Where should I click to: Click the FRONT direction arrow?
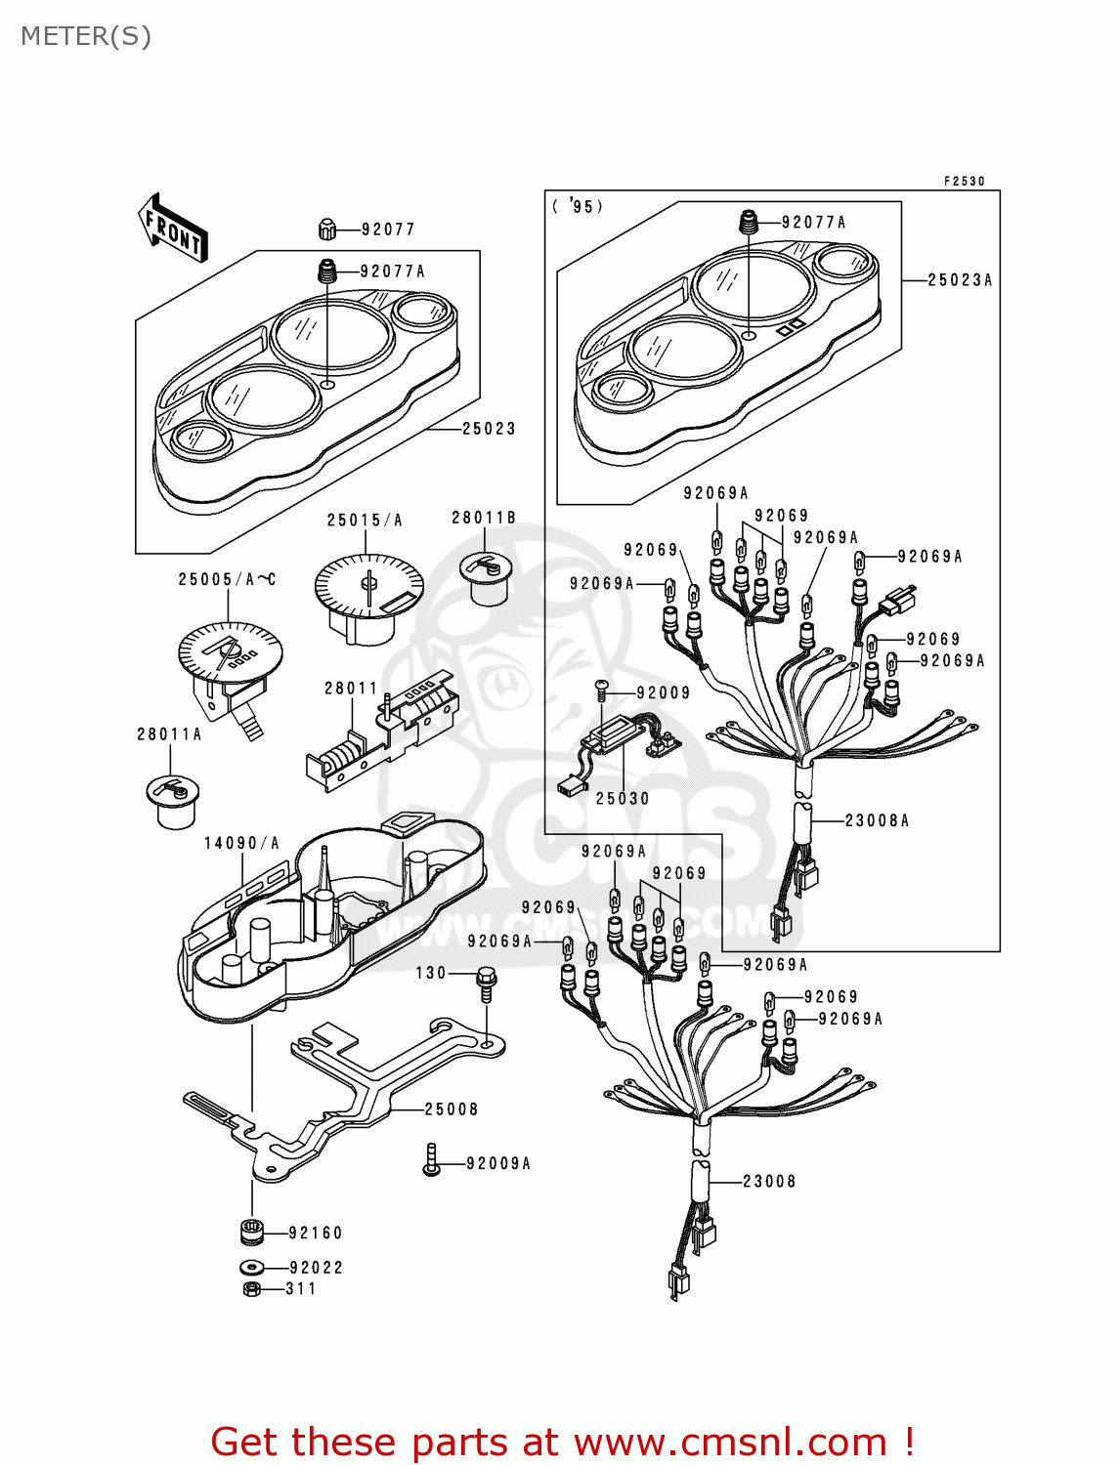173,229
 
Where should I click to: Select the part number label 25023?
489,429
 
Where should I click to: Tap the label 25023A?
959,280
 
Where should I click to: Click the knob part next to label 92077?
327,230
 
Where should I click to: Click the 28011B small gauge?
485,575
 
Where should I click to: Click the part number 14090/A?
241,843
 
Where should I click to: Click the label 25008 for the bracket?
452,1109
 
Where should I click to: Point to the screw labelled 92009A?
431,1160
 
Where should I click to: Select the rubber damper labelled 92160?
252,1233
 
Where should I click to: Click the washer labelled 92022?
251,1268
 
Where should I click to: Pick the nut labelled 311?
250,1289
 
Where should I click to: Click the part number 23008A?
877,820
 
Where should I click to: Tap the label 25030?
623,798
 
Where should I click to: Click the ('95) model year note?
578,207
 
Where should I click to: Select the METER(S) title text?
86,36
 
